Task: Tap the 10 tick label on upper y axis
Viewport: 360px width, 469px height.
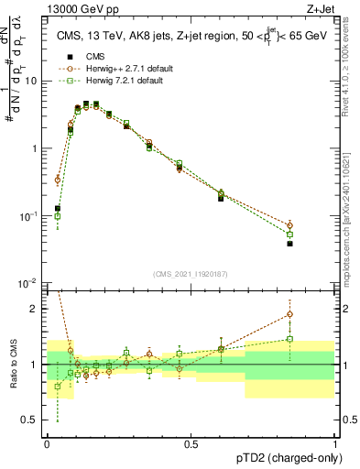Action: pyautogui.click(x=31, y=81)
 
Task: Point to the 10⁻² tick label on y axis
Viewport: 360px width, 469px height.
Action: pyautogui.click(x=28, y=283)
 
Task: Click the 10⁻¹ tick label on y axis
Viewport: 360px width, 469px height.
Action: pyautogui.click(x=28, y=216)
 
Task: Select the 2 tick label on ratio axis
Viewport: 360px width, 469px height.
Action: pyautogui.click(x=35, y=309)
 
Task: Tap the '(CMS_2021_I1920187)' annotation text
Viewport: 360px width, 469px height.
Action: pyautogui.click(x=191, y=274)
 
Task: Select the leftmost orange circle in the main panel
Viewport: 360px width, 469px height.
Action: pyautogui.click(x=58, y=180)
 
